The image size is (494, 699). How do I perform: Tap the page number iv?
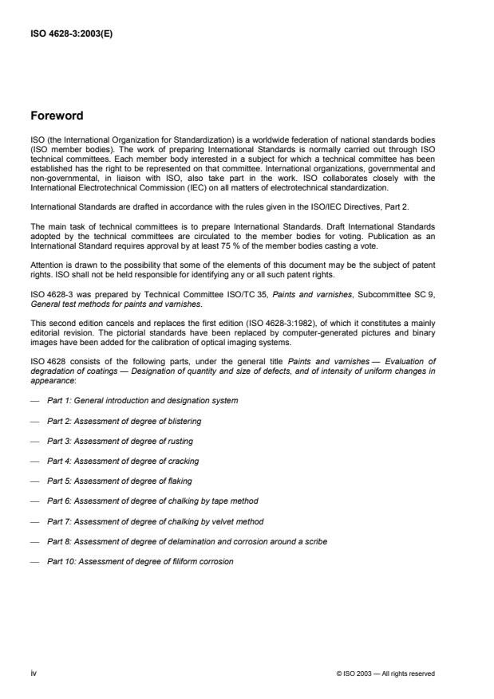point(34,673)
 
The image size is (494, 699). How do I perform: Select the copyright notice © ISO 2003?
point(386,673)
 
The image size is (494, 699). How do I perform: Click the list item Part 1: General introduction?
point(142,399)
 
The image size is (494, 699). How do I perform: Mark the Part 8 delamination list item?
point(187,542)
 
